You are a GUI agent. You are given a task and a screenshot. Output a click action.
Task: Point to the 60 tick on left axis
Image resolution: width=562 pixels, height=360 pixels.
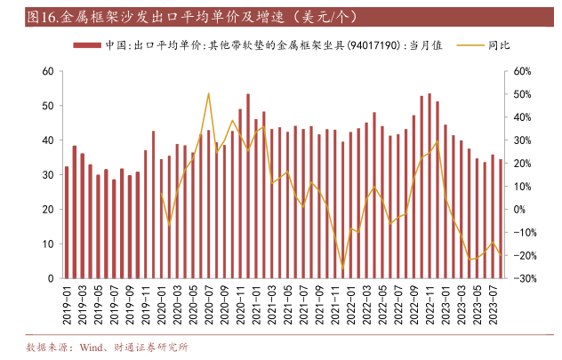click(48, 71)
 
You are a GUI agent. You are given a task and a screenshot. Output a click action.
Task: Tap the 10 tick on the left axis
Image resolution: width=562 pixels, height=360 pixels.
click(48, 244)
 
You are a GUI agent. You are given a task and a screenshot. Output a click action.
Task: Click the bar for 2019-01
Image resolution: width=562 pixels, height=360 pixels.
click(66, 222)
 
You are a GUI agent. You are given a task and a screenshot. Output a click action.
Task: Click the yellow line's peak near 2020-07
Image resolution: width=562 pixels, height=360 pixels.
click(208, 93)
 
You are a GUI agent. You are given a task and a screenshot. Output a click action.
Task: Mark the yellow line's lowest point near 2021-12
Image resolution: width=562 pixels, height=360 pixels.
click(343, 266)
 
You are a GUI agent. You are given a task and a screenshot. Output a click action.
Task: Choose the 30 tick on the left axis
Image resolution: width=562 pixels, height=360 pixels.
click(48, 174)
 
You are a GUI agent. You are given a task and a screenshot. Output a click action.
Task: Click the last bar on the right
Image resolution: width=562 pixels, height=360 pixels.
click(502, 219)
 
